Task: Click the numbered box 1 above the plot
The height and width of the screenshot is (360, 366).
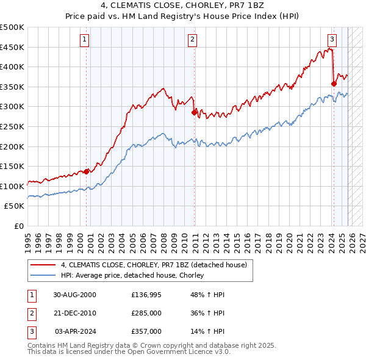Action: [84, 40]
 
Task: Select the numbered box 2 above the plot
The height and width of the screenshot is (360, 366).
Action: [192, 40]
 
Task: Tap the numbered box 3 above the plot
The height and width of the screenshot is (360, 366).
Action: [332, 40]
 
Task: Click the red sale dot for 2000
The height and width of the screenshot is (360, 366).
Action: [87, 171]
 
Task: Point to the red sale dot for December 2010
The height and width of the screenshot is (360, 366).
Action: [195, 112]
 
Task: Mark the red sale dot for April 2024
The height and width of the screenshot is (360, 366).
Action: [334, 84]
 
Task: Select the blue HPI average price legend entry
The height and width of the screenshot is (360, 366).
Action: [132, 275]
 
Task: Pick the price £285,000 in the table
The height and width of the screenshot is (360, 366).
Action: [146, 313]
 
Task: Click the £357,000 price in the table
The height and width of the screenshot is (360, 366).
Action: [146, 331]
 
